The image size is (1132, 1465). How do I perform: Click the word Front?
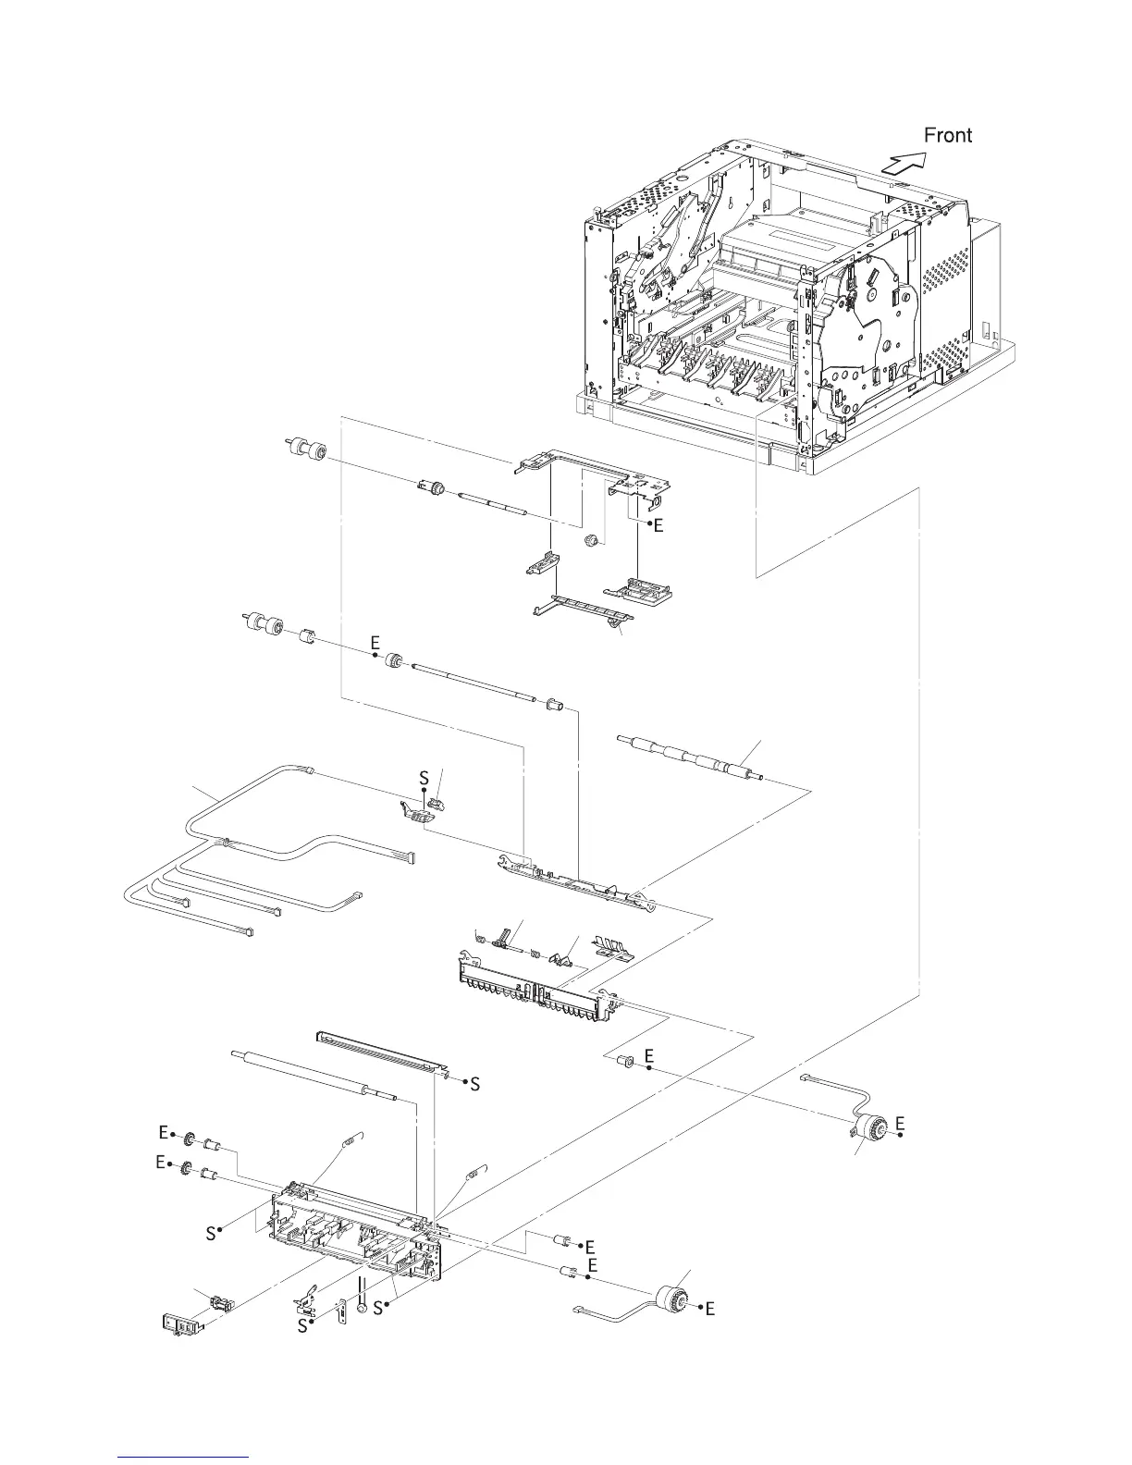[948, 135]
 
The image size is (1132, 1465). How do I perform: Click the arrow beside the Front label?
[901, 164]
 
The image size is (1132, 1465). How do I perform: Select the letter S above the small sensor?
[424, 779]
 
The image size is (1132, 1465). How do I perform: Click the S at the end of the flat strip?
[474, 1083]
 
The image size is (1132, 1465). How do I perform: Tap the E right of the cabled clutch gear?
[899, 1123]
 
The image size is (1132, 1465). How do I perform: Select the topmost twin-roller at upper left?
[306, 450]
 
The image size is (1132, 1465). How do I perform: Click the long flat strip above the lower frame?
[379, 1053]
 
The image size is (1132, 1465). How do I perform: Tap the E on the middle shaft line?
[375, 641]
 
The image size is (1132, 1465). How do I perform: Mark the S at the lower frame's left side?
[212, 1233]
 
